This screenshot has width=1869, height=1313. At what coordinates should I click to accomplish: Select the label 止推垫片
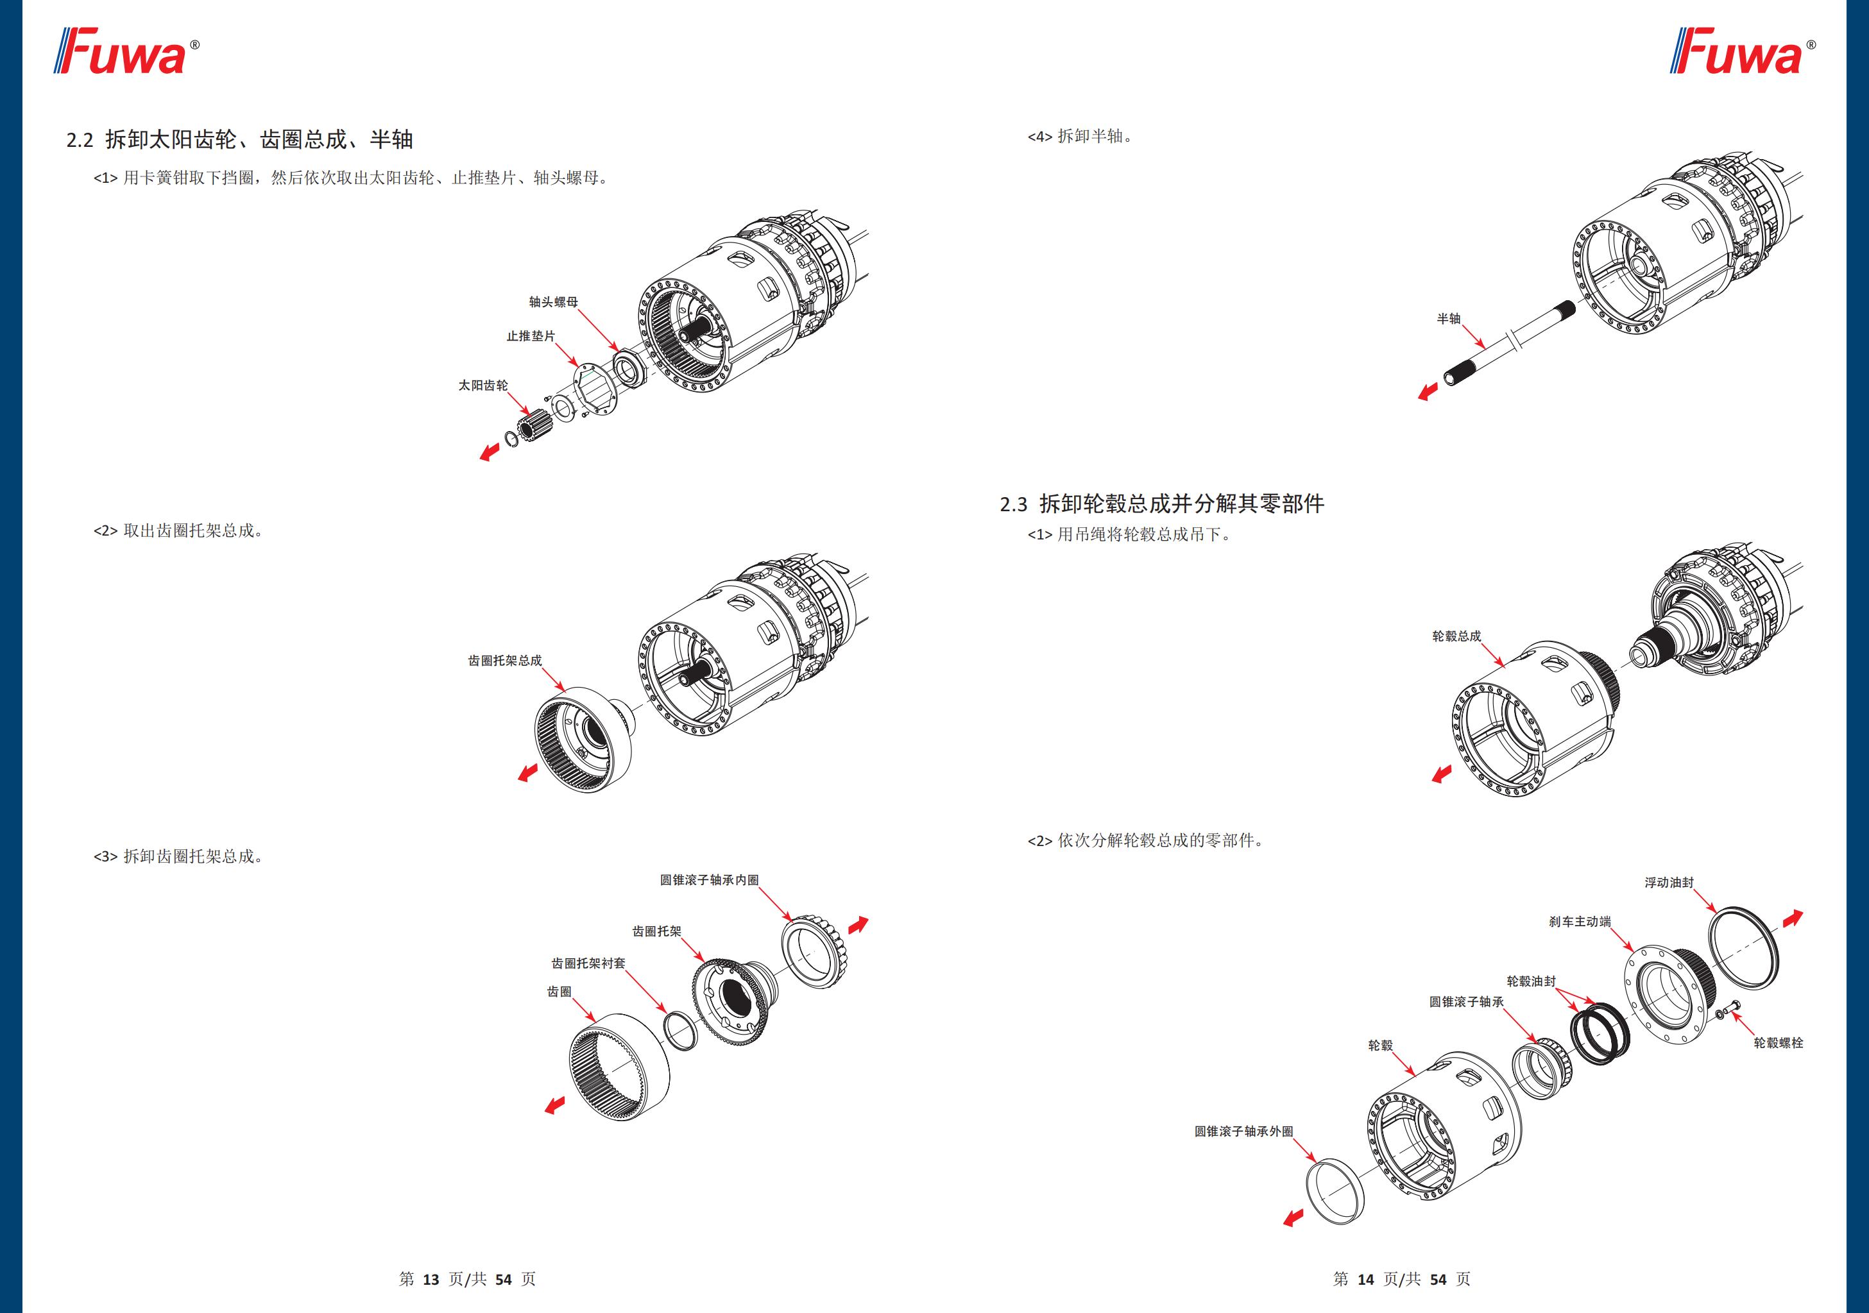tap(530, 336)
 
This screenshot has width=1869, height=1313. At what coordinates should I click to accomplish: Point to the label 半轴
tap(1448, 319)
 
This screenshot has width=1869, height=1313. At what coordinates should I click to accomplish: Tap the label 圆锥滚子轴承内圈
tap(708, 880)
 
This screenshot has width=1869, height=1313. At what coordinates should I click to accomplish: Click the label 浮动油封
tap(1668, 883)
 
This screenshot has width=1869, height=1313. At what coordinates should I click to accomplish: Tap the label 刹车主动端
tap(1579, 922)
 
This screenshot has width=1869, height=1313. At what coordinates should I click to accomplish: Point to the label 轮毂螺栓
tap(1778, 1043)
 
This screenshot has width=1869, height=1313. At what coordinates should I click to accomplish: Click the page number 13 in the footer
tap(431, 1280)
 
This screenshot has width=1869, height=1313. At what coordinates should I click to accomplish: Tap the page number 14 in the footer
tap(1365, 1280)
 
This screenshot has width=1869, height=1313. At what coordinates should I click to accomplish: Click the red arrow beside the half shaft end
tap(1428, 393)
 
